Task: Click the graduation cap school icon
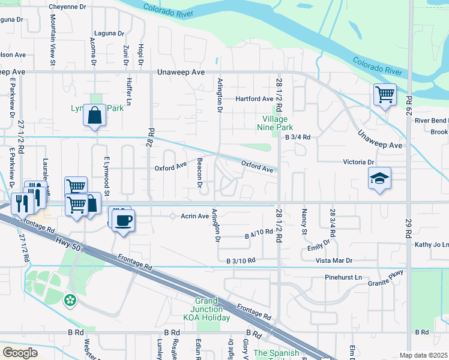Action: tap(379, 178)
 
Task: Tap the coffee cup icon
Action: tap(124, 219)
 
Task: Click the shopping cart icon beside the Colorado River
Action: tap(384, 95)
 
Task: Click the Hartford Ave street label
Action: tap(254, 99)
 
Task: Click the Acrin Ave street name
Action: tap(193, 216)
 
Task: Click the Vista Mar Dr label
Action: tap(331, 261)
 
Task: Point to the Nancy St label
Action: tap(304, 222)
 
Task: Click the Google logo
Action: tap(20, 353)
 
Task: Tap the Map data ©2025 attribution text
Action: tap(423, 355)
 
